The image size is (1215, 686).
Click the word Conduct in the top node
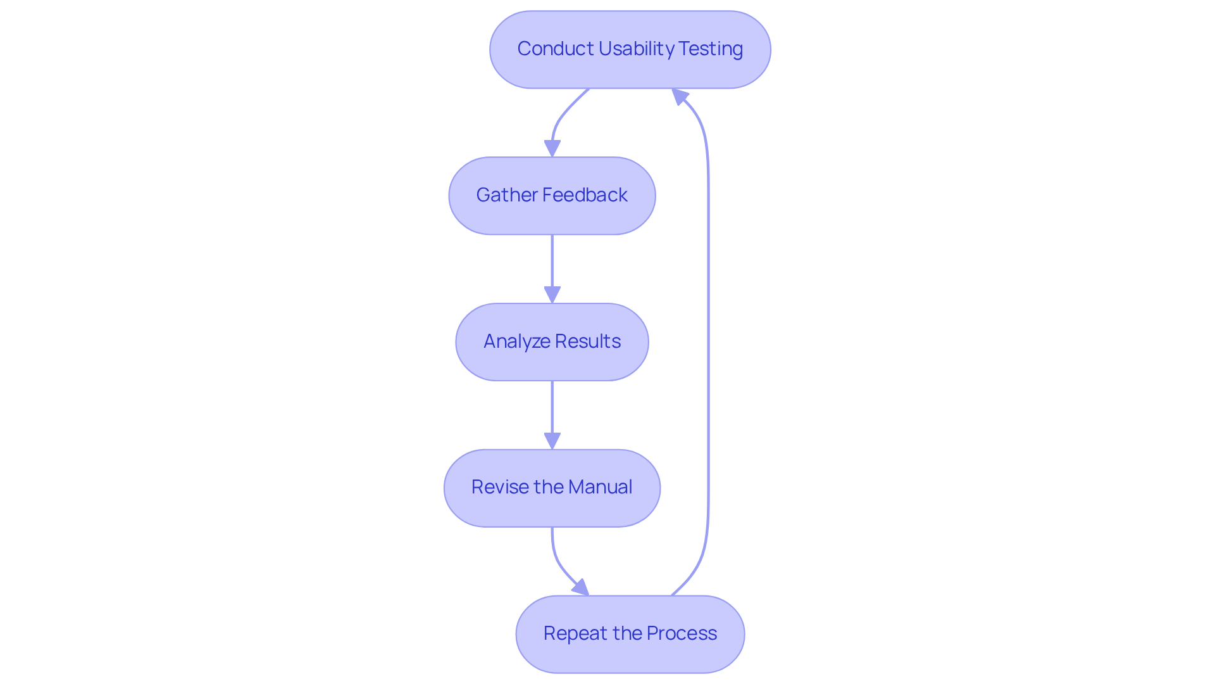coord(555,49)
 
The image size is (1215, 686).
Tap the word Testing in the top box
coord(711,49)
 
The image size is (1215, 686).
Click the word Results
coord(588,341)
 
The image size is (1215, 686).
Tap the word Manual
coord(600,487)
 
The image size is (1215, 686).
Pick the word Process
coord(682,633)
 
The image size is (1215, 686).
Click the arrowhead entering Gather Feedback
coord(552,148)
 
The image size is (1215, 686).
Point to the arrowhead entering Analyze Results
coord(552,295)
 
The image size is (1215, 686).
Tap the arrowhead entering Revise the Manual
coord(552,441)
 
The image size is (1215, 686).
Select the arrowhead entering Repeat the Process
coord(581,588)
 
